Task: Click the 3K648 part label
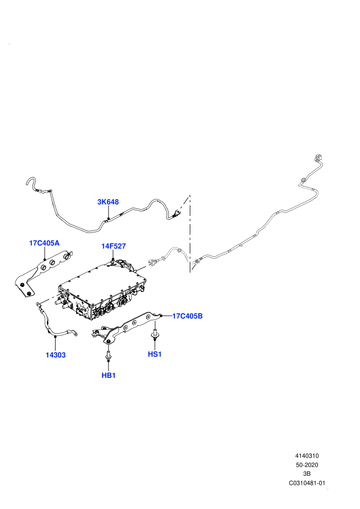tap(108, 202)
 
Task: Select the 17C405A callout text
tap(44, 243)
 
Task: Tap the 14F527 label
tap(113, 246)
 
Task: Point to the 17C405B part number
tap(187, 316)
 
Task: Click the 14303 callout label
tap(56, 355)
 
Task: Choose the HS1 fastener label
tap(155, 354)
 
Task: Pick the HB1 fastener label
tap(109, 376)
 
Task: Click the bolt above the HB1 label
tap(108, 355)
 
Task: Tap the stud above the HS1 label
tap(155, 334)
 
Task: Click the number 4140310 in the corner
tap(307, 456)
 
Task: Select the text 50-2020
tap(307, 465)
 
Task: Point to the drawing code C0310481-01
tap(307, 483)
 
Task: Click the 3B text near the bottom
tap(307, 474)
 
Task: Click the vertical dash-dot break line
tap(190, 234)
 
